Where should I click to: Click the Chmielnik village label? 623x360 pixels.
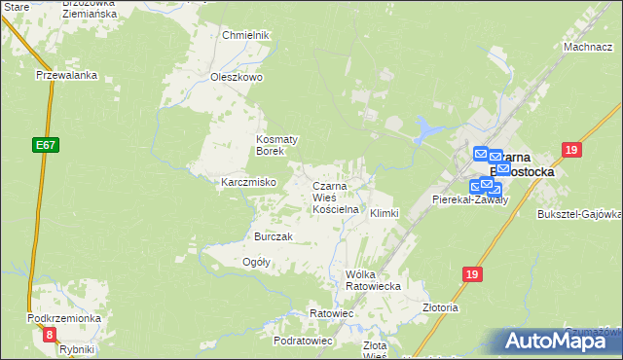click(x=244, y=35)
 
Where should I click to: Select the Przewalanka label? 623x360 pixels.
click(x=62, y=75)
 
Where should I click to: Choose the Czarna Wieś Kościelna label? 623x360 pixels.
click(x=336, y=198)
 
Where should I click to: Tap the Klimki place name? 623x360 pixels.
click(x=384, y=212)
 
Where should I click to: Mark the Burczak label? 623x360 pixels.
click(x=274, y=237)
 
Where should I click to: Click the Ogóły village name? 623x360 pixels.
click(x=255, y=262)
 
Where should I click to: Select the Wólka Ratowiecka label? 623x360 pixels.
click(x=374, y=280)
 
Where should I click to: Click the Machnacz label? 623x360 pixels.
click(x=587, y=47)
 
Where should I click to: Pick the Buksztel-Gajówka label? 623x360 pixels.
click(x=579, y=213)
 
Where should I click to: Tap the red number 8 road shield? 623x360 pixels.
click(x=50, y=335)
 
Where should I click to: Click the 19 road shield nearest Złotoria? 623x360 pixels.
click(x=472, y=275)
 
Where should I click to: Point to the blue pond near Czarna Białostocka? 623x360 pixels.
click(x=426, y=127)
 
